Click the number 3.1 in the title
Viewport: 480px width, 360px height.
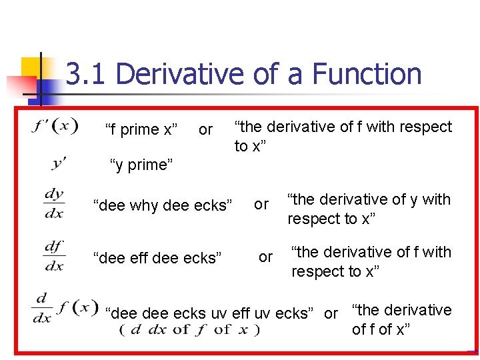(x=86, y=74)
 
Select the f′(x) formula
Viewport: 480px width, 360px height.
(x=55, y=125)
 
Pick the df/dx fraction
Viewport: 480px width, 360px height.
(x=54, y=255)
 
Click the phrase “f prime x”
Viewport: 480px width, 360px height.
(x=141, y=129)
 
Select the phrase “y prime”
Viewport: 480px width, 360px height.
(x=141, y=164)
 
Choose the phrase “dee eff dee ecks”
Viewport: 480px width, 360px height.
(x=157, y=257)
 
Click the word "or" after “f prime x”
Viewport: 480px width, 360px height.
(x=206, y=129)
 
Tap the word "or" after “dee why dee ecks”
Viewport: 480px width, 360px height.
(x=261, y=204)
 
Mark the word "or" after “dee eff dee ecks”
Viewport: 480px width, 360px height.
(x=265, y=257)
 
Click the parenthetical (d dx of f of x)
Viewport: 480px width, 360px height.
(x=189, y=329)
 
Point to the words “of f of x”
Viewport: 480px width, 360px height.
(x=381, y=329)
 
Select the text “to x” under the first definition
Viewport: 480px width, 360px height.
(x=250, y=146)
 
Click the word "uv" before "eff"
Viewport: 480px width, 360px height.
(x=219, y=313)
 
